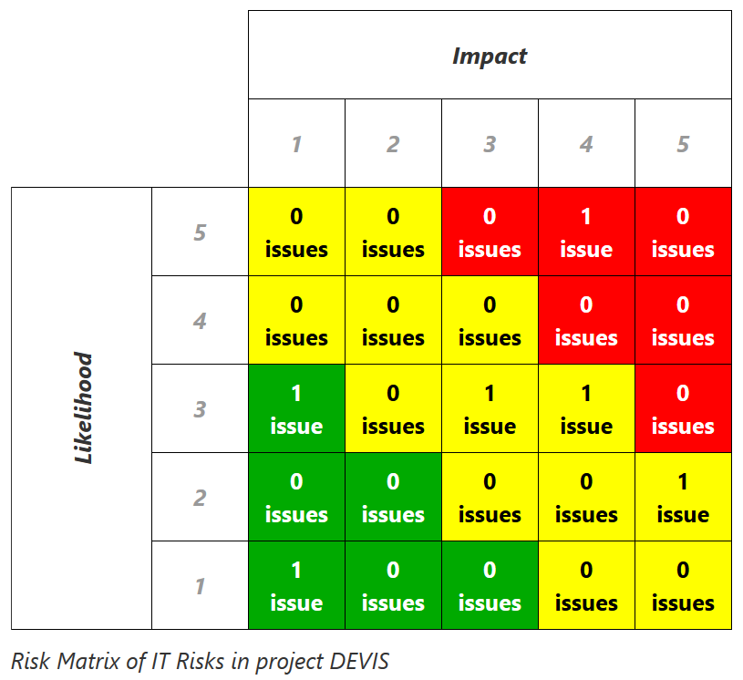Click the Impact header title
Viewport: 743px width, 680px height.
[x=490, y=56]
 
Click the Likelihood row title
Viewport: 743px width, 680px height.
[x=84, y=408]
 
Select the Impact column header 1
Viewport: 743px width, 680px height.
[x=296, y=144]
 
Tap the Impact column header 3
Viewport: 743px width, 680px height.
[x=490, y=144]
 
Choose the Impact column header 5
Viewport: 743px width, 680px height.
[x=683, y=144]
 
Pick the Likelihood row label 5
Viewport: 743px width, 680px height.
[x=200, y=232]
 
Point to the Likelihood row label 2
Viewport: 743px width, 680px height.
[x=200, y=498]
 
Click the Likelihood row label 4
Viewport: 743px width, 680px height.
[x=200, y=321]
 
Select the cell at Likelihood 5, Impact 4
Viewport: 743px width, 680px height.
[x=586, y=232]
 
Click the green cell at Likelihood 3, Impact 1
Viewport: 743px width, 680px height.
[x=296, y=409]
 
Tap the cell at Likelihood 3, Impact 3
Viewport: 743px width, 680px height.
[x=490, y=409]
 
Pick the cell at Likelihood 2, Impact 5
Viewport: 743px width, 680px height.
[x=683, y=498]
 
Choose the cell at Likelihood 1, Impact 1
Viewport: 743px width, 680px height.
[x=296, y=586]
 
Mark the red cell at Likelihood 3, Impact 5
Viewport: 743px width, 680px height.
[x=683, y=409]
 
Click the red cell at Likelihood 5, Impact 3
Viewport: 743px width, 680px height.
[x=490, y=232]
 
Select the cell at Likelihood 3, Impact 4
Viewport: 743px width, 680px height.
[x=586, y=409]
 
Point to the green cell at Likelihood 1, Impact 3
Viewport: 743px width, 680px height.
[x=490, y=586]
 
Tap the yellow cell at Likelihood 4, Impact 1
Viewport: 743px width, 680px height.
[x=296, y=321]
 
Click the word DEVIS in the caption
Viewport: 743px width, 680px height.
[x=359, y=660]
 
